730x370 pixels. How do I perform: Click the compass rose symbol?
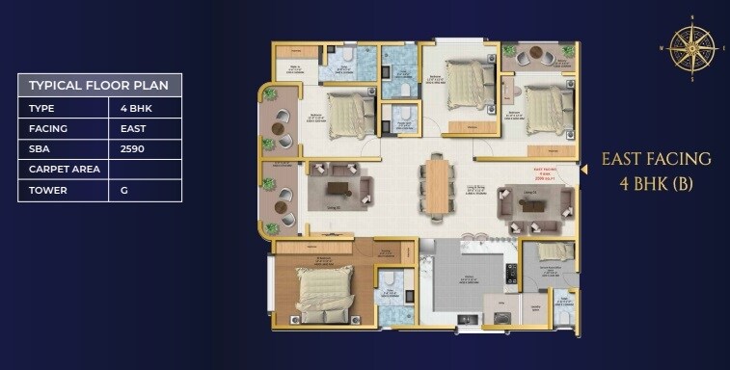coord(691,47)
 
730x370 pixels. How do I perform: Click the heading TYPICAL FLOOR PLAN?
coord(98,85)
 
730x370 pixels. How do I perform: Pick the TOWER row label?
coord(49,190)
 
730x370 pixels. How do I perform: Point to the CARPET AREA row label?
coord(61,170)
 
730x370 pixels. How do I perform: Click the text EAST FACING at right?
coord(656,159)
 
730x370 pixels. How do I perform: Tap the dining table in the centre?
coord(437,185)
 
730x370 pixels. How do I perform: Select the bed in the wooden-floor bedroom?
coord(323,293)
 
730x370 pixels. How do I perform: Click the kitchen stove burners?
coord(511,274)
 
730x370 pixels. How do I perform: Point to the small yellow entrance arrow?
coord(582,169)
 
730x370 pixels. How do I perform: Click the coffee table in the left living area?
coord(338,187)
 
